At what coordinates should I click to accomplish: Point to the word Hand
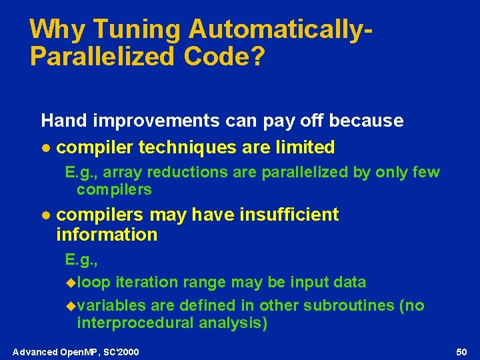[65, 121]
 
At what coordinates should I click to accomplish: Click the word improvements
[157, 121]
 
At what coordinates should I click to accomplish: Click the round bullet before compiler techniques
[45, 147]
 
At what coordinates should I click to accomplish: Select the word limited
[303, 147]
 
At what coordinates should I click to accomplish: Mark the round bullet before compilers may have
[45, 215]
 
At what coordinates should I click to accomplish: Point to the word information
[107, 235]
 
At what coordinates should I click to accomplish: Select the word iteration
[143, 282]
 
